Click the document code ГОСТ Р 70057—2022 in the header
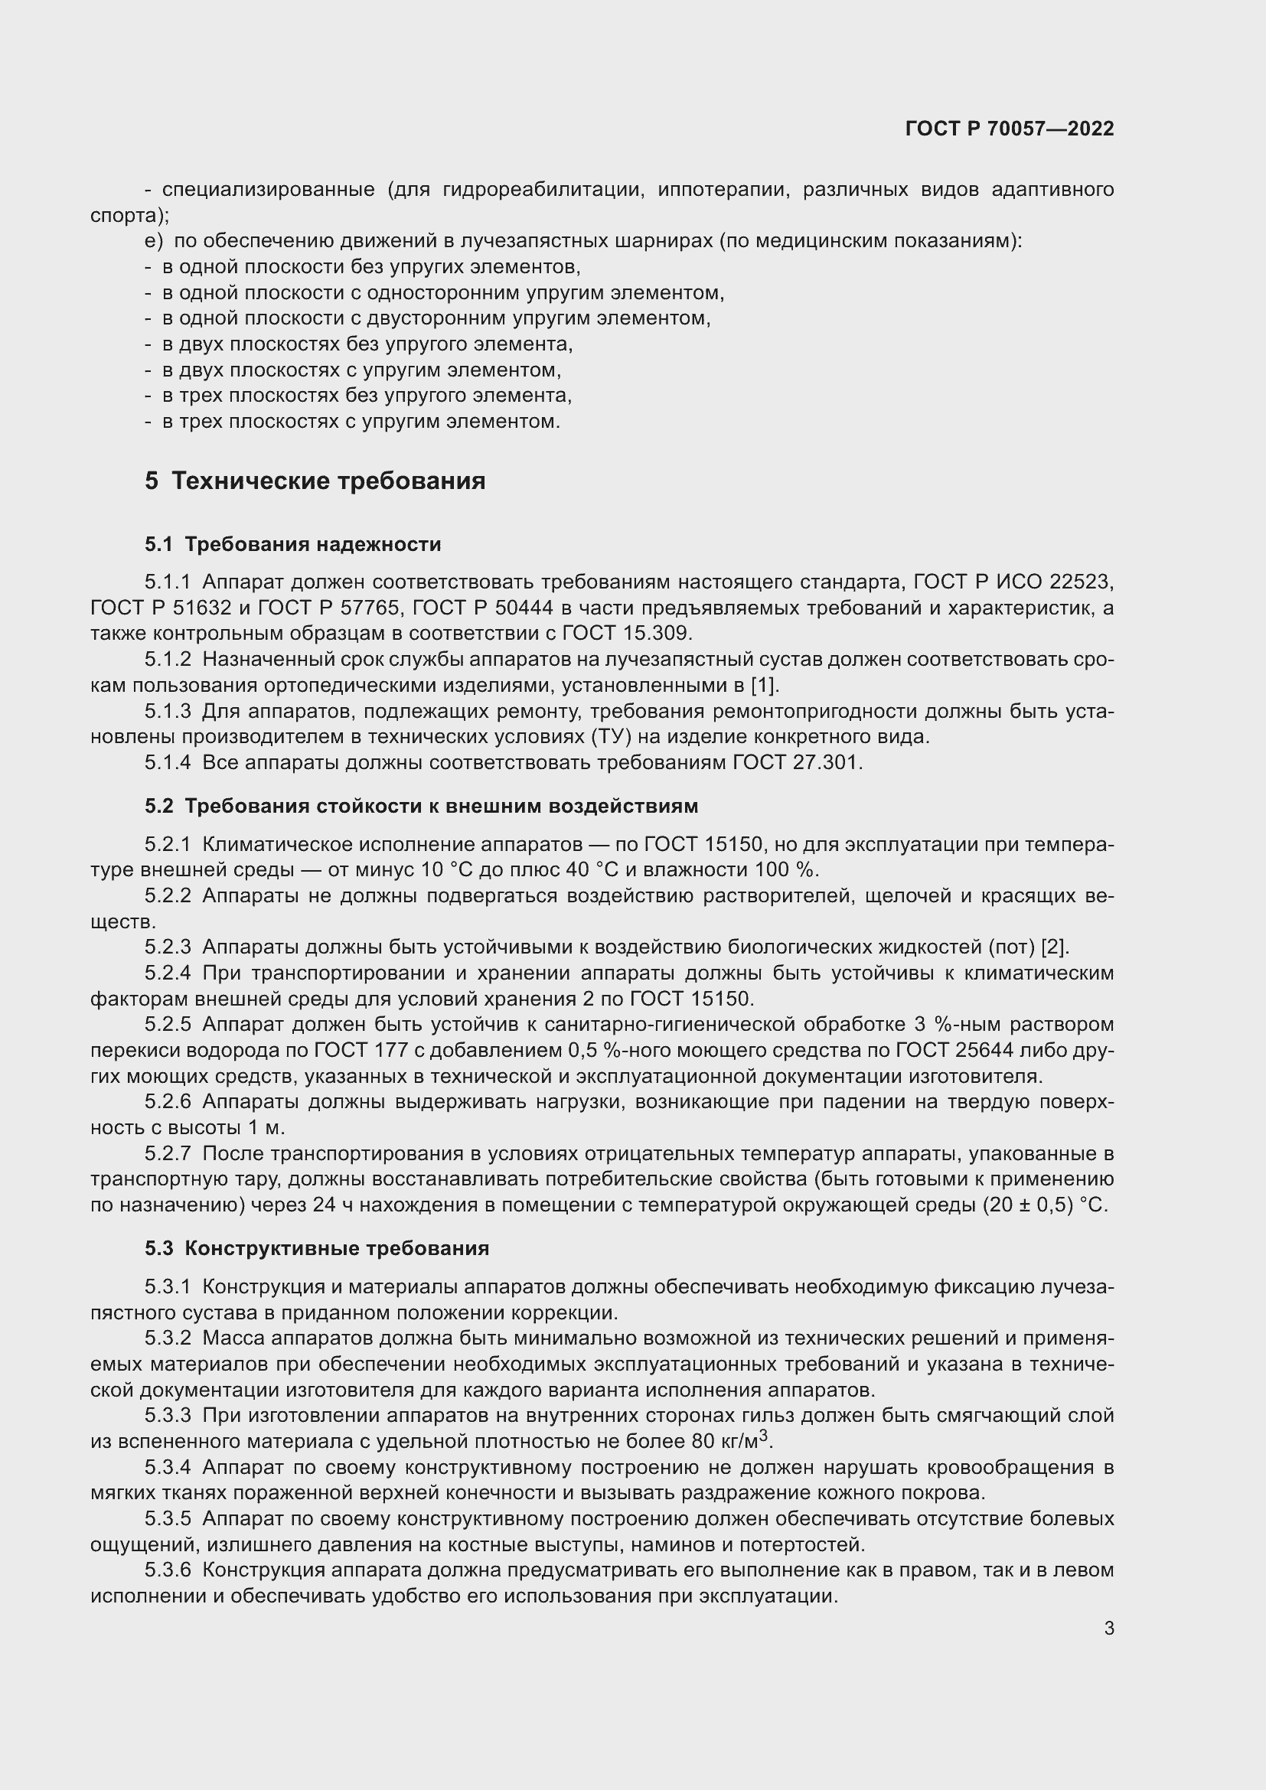(x=1010, y=129)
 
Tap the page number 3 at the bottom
(x=1108, y=1628)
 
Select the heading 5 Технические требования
(x=315, y=481)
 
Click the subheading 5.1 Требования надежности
(x=292, y=544)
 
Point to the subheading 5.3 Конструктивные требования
(x=317, y=1248)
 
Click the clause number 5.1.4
(x=168, y=762)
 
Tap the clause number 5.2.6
(x=168, y=1101)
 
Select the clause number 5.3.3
(x=168, y=1415)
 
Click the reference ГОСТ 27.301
(x=795, y=762)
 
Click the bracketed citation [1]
(x=764, y=685)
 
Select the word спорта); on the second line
(x=130, y=215)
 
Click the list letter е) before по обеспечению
(x=154, y=242)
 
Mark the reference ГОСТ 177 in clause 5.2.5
(x=361, y=1050)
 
